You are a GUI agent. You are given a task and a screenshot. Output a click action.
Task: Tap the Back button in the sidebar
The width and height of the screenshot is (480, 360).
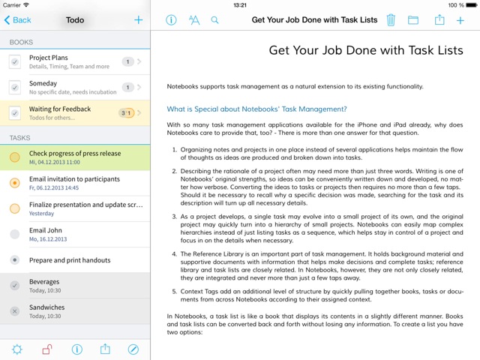[17, 20]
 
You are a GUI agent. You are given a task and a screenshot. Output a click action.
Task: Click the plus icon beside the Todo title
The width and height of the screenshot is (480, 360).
[138, 20]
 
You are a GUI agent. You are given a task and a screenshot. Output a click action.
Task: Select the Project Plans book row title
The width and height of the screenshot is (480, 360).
[49, 58]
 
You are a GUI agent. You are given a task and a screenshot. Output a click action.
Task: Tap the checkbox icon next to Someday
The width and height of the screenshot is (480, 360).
[15, 88]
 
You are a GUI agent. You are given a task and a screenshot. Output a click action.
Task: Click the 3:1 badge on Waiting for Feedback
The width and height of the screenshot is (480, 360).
[127, 113]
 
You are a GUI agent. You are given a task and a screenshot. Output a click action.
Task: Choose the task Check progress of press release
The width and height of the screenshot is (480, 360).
[75, 154]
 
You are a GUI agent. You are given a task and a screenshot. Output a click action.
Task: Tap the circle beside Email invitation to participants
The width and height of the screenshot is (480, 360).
[15, 183]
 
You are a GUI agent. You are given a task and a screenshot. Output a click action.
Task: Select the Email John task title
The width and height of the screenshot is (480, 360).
[46, 230]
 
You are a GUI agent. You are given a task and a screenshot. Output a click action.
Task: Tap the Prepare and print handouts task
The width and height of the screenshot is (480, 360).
[70, 260]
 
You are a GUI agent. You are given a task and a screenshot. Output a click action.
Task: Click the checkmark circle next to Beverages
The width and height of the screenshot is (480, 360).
[15, 286]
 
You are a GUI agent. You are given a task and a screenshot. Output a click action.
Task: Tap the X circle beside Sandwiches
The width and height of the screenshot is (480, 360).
[15, 311]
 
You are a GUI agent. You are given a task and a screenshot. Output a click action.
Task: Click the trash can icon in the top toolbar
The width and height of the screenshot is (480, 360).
[391, 20]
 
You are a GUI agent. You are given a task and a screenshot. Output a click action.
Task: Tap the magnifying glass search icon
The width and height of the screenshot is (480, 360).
[215, 20]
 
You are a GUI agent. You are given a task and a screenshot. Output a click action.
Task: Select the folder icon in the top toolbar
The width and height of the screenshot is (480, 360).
[413, 20]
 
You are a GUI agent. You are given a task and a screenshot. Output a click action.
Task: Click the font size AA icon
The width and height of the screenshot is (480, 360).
[193, 20]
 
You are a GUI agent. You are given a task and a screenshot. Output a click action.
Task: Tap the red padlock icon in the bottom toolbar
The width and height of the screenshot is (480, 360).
[46, 349]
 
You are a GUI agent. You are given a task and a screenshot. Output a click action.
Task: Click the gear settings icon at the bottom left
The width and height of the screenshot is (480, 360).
[16, 349]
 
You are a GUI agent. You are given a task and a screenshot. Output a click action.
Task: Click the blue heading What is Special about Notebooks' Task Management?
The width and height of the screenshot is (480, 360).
[256, 109]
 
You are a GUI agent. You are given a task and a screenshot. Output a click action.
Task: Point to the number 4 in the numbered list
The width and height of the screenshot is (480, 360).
[173, 253]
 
